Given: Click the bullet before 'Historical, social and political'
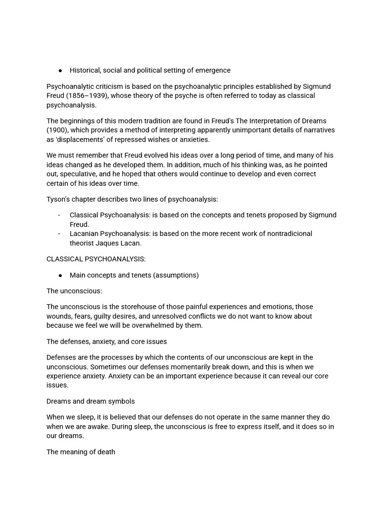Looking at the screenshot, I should pos(60,71).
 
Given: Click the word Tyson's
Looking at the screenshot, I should pos(60,199).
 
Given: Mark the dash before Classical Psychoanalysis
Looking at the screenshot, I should pos(59,215).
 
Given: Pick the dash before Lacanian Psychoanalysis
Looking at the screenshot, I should pos(59,234).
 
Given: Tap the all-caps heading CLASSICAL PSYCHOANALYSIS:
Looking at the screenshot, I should pos(96,259).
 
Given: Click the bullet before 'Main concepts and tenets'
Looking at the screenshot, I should pos(60,276).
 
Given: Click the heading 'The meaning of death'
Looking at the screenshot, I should pos(81,452).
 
